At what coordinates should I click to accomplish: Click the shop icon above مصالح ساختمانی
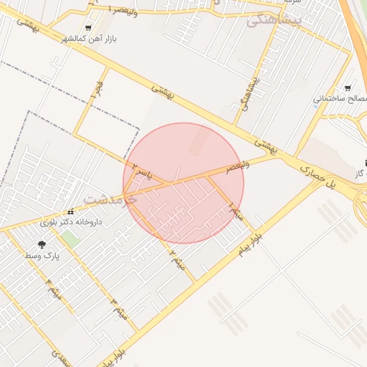coord(348,86)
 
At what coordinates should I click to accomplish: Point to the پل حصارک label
coord(320,176)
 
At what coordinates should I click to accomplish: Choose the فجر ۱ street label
coord(93,87)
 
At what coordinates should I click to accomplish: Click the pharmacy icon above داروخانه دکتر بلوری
coord(70,213)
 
